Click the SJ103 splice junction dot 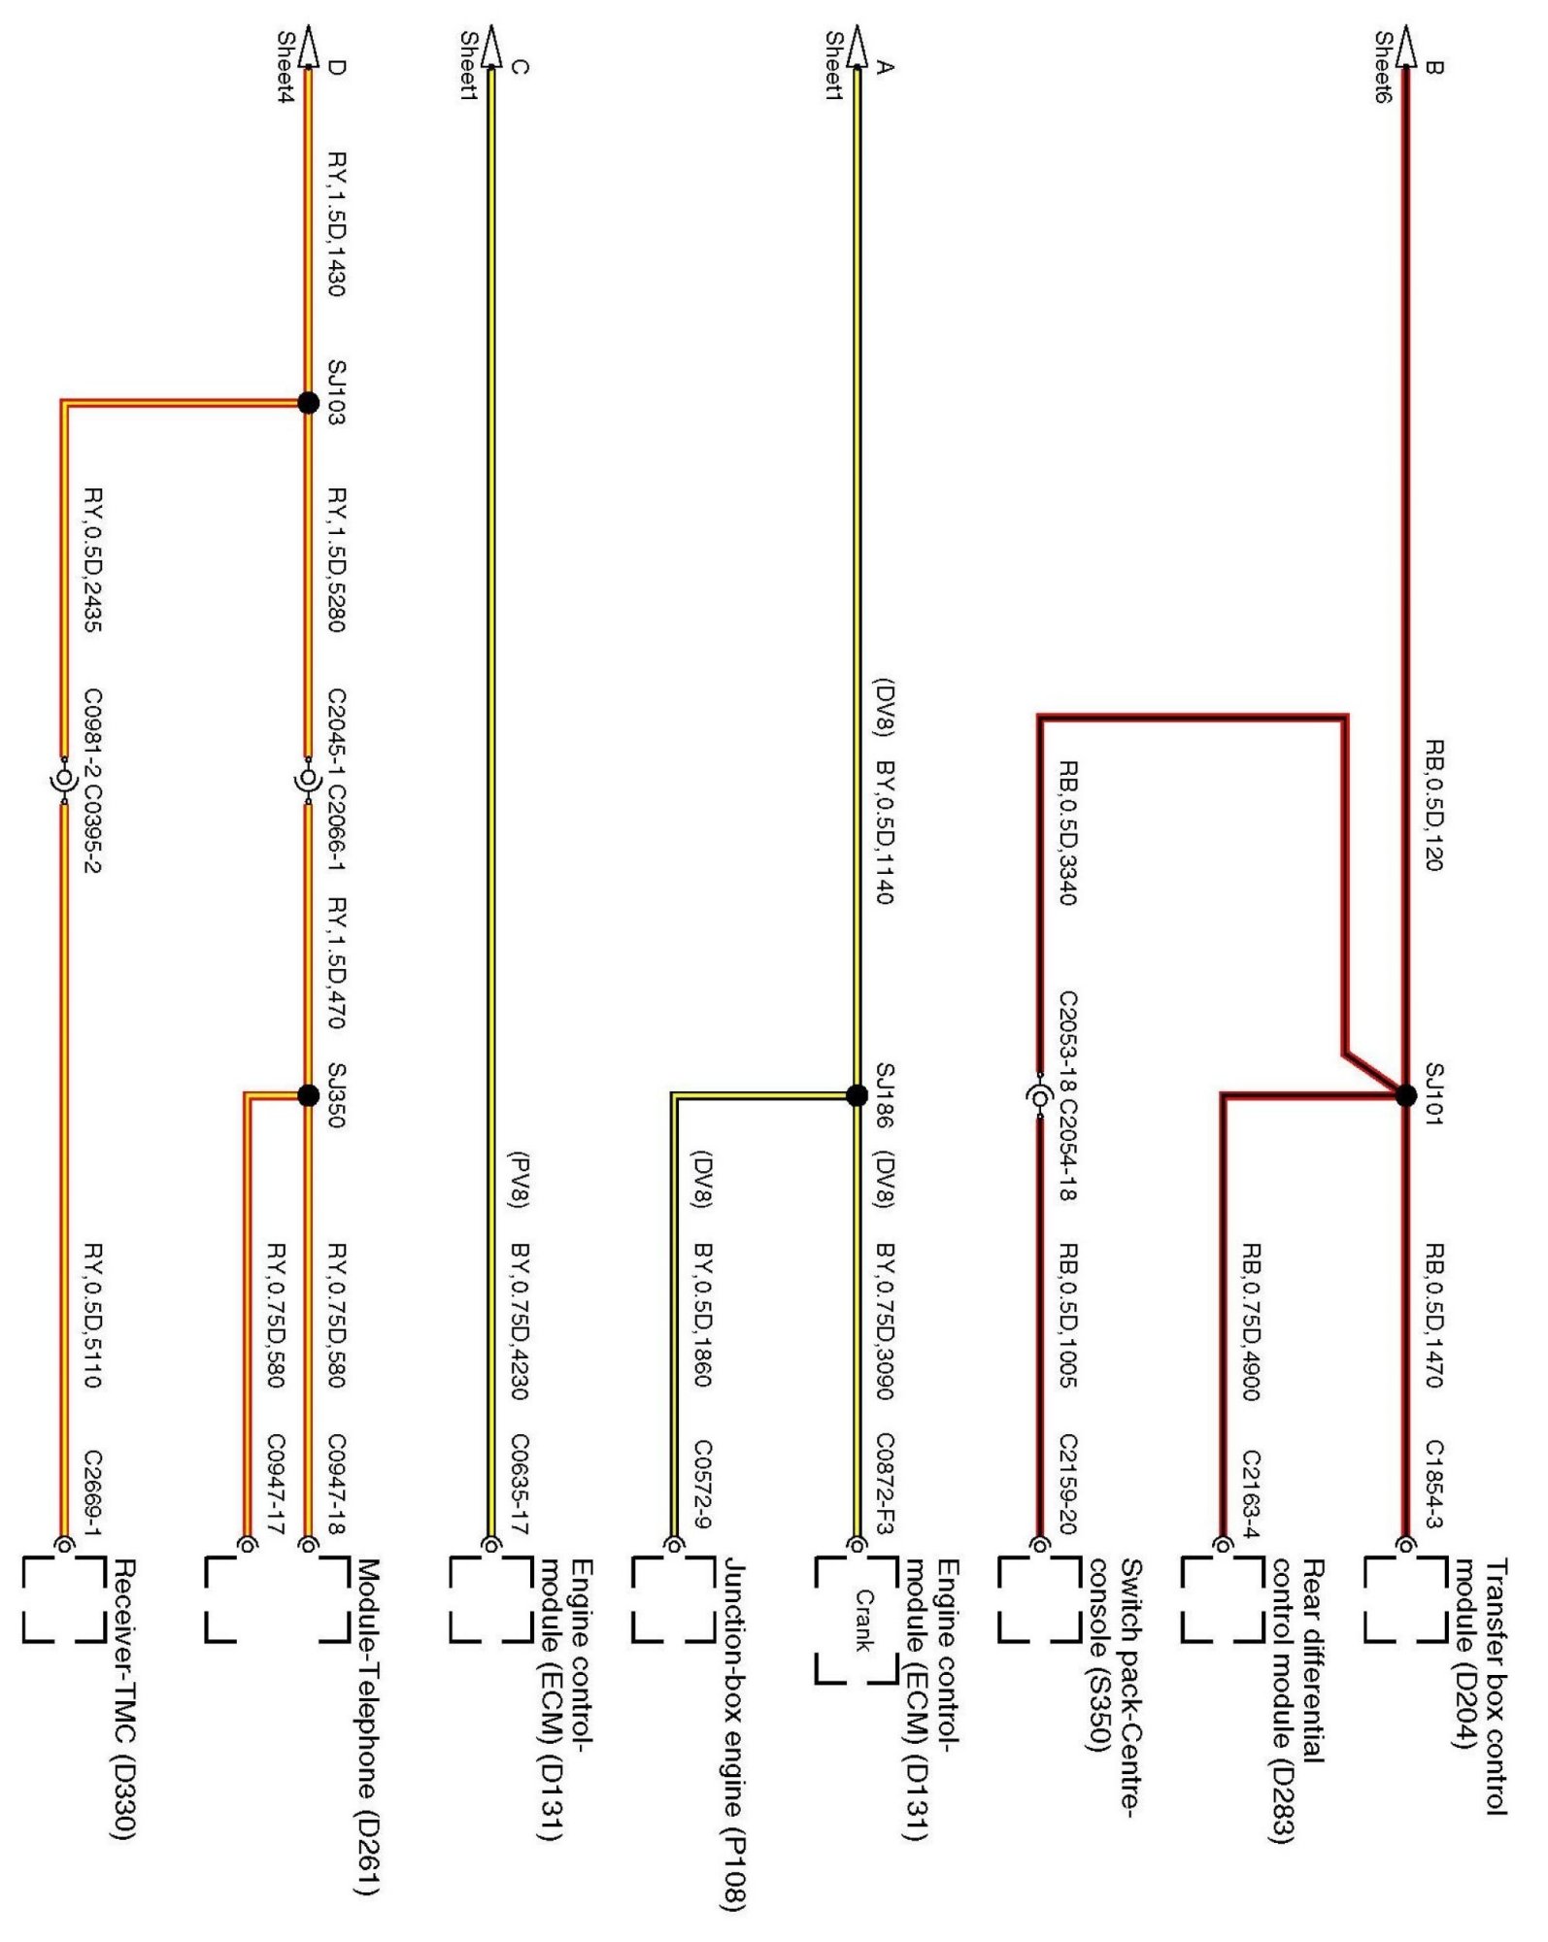coord(308,402)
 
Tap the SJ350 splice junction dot coord(308,1095)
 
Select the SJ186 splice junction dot coord(857,1095)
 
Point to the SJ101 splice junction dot coord(1405,1095)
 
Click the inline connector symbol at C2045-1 coord(308,780)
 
